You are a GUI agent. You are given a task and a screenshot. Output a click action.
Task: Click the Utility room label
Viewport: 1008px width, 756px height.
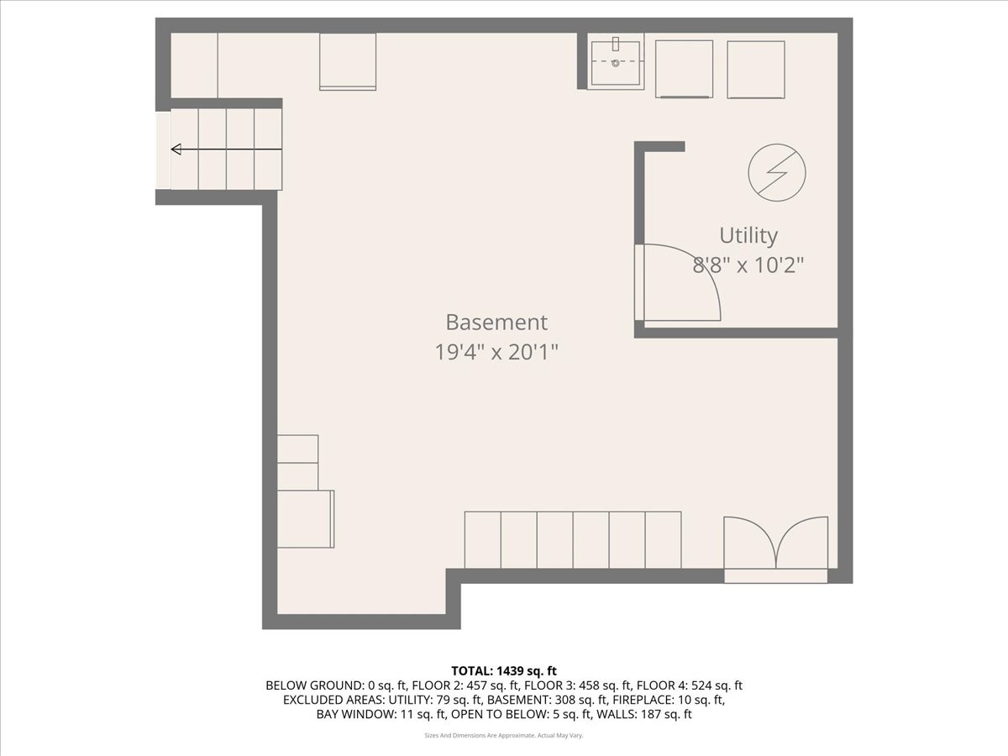748,235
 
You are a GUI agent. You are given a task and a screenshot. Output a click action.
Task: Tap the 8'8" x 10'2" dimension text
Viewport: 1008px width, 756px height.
748,265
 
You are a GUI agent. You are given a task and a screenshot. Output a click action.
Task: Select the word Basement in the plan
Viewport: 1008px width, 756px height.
496,323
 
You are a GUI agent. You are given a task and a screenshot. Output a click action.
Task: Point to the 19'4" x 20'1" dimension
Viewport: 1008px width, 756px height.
496,352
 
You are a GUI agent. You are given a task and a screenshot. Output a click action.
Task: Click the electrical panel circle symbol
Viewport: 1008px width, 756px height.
777,172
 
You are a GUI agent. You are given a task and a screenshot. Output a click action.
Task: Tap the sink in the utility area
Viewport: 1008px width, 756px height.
616,62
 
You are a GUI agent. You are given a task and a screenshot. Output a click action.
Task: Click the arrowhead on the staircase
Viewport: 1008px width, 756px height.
176,150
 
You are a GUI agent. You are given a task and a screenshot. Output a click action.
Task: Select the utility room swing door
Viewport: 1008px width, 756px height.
676,283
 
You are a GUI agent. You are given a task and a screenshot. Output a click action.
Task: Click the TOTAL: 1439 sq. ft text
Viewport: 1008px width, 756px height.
504,670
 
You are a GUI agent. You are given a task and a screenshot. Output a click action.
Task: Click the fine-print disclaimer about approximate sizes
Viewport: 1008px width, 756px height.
504,735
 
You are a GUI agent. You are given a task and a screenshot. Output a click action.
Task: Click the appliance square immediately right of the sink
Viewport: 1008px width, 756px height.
684,69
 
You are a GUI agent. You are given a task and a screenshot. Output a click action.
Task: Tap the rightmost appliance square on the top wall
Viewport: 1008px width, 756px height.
756,69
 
